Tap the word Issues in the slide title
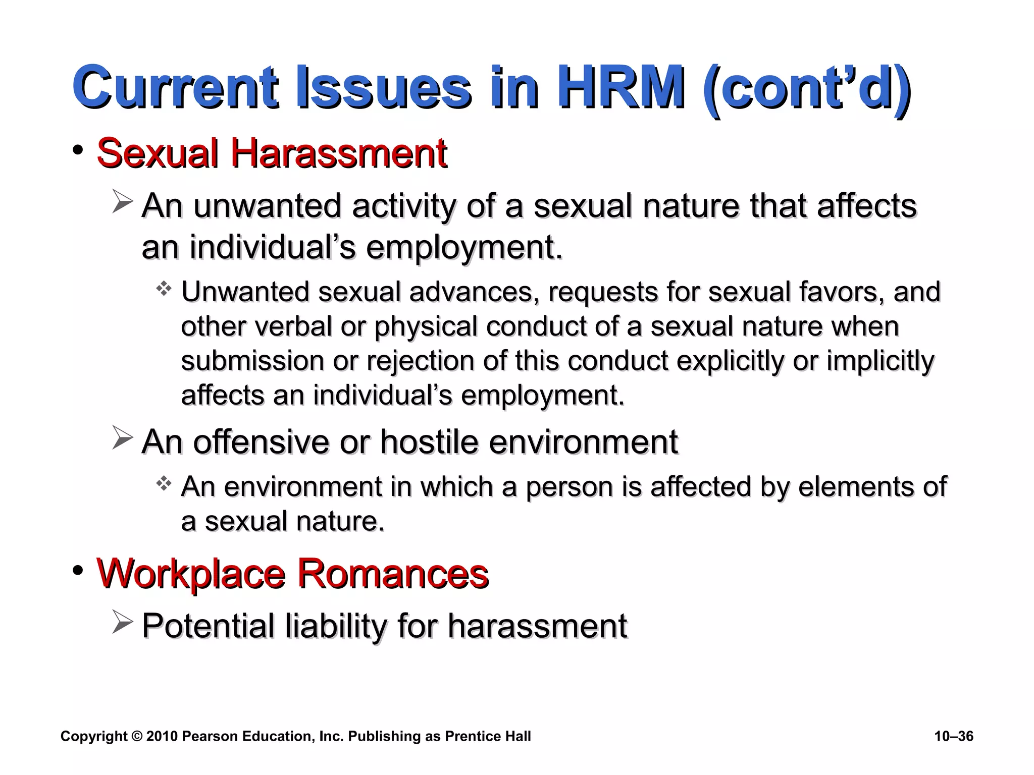[384, 88]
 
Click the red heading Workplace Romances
[292, 573]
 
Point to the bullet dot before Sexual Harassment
[78, 150]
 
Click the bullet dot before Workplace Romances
[78, 571]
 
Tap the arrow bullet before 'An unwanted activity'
[122, 202]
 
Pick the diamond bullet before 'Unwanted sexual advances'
[164, 289]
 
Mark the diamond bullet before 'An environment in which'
[164, 484]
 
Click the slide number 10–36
[954, 736]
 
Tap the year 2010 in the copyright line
[162, 736]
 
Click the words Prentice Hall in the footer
[488, 736]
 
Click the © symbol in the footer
[137, 736]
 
